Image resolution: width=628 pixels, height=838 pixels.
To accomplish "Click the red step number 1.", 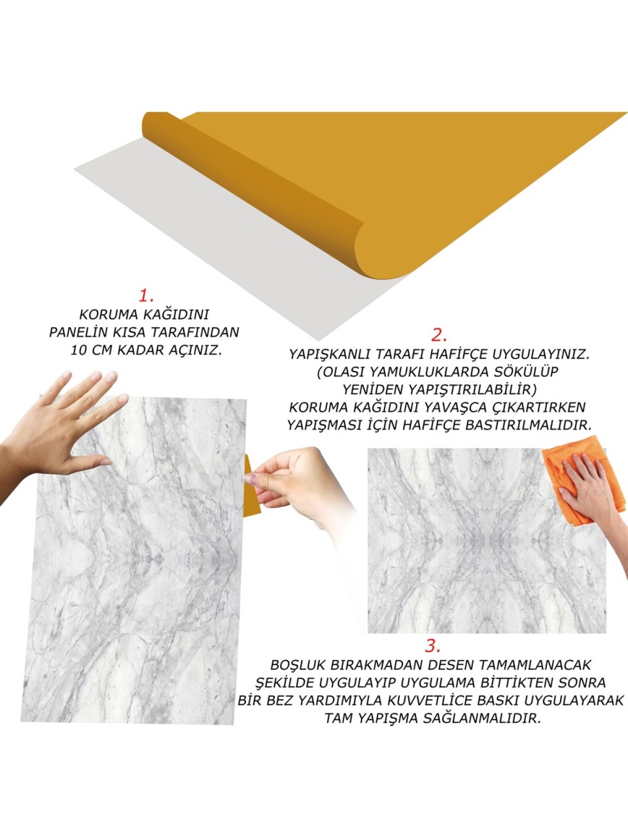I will point(146,295).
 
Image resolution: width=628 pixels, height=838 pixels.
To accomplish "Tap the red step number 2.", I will point(439,335).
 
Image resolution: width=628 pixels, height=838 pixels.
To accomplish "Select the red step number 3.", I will point(433,646).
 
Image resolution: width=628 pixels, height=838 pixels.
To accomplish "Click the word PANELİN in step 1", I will point(78,333).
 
